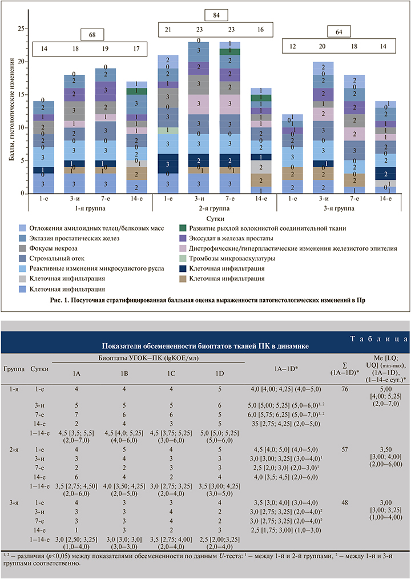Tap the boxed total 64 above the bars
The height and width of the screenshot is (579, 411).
[x=338, y=33]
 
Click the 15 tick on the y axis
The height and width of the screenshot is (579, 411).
[x=22, y=94]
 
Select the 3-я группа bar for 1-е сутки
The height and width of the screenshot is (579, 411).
[x=292, y=154]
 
